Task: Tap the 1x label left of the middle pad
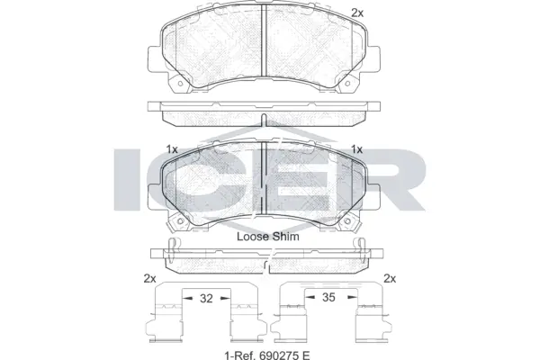point(173,148)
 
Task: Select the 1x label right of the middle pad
point(356,148)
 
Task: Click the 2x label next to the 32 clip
point(151,278)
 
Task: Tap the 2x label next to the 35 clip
point(390,278)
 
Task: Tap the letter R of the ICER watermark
point(393,180)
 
